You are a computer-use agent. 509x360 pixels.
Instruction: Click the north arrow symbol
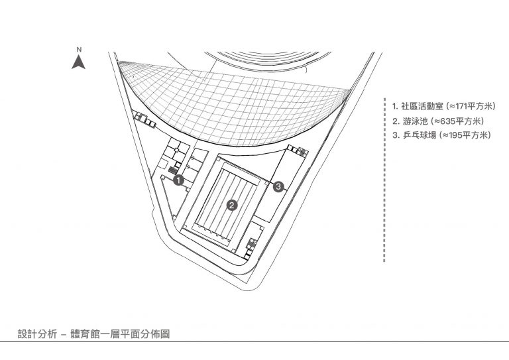(79, 62)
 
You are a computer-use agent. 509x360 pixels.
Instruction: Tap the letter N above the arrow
(80, 50)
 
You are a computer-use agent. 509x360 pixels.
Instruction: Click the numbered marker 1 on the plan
(178, 180)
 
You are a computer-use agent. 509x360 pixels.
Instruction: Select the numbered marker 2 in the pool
(232, 205)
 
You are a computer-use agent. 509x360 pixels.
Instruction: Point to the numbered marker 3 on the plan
(278, 187)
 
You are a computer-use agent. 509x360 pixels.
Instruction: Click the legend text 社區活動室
(422, 106)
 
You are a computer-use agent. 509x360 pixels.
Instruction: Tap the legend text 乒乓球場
(420, 135)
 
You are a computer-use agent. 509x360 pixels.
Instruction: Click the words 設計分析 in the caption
(37, 333)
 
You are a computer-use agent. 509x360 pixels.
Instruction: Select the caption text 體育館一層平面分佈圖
(120, 333)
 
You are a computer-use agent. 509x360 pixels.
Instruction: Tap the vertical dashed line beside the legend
(384, 180)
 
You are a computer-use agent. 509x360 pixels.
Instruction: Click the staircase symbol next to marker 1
(173, 170)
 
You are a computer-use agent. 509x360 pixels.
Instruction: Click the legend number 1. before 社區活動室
(395, 106)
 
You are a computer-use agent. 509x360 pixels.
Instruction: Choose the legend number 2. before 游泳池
(396, 121)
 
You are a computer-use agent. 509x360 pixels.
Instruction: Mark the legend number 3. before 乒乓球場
(396, 135)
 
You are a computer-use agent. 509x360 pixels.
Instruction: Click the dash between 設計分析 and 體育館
(64, 334)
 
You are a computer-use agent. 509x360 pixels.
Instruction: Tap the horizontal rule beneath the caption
(254, 341)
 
